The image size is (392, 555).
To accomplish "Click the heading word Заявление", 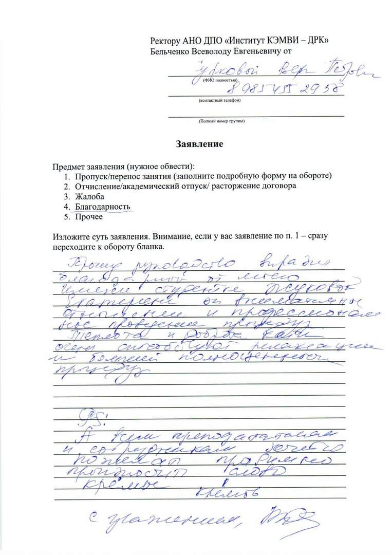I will (x=200, y=144).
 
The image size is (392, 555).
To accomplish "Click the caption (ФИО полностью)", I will (x=219, y=81).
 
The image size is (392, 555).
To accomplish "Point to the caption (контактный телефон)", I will (x=219, y=101).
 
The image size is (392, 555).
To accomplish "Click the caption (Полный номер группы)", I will (x=221, y=121).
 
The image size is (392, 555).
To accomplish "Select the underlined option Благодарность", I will (x=103, y=207).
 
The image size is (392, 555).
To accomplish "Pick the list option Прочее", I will (x=89, y=216).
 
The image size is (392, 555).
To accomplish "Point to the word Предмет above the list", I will (x=68, y=168).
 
